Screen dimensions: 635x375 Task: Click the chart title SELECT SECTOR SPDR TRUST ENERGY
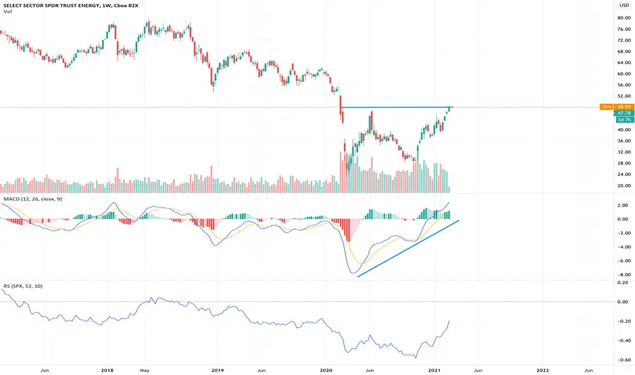pos(50,5)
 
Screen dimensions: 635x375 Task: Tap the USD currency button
pos(623,5)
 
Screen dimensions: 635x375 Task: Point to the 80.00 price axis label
pos(624,18)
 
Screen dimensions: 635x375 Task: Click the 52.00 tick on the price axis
pos(624,96)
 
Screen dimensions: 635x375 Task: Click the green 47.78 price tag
pos(624,113)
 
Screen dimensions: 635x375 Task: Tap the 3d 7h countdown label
pos(624,119)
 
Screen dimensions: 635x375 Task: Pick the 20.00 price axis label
pos(624,185)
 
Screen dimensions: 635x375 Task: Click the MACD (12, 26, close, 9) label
pos(33,199)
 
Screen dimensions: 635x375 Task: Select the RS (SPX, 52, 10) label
pos(23,286)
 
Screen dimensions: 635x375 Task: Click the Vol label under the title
pos(7,12)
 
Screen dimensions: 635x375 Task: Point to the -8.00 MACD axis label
pos(623,275)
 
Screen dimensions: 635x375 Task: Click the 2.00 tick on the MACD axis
pos(623,205)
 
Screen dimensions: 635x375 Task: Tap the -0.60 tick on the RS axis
pos(623,360)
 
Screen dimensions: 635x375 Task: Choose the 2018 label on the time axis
pos(108,370)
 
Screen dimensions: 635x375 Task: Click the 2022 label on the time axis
pos(542,370)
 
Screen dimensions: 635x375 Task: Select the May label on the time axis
pos(144,370)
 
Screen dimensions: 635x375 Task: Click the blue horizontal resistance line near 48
pos(397,108)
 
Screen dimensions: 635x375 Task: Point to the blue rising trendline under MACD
pos(408,248)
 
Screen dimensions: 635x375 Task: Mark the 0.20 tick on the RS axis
pos(623,282)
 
